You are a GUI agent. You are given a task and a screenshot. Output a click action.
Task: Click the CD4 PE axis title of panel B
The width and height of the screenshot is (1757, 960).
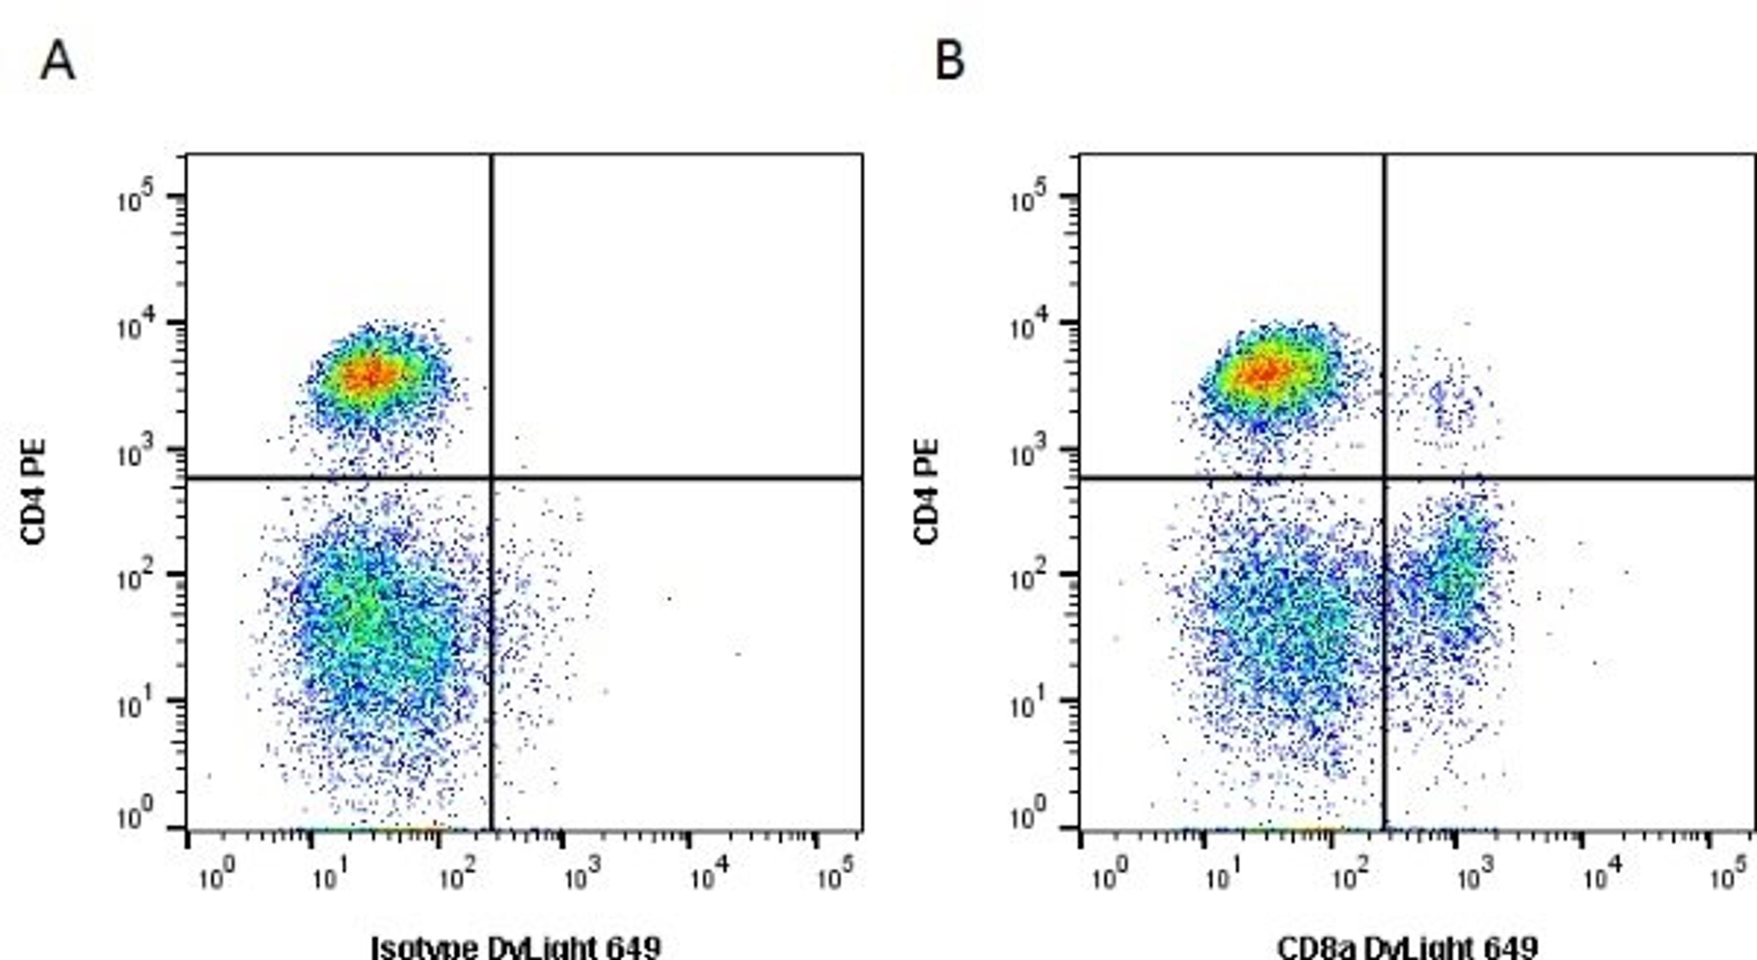[926, 491]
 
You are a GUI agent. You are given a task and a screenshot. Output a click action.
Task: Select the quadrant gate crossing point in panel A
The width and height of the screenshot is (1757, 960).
[491, 478]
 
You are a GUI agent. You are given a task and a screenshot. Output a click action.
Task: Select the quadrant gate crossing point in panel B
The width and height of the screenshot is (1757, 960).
[1385, 478]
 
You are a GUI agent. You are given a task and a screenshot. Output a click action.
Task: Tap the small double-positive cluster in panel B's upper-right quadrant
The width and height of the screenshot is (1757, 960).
[1450, 402]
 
